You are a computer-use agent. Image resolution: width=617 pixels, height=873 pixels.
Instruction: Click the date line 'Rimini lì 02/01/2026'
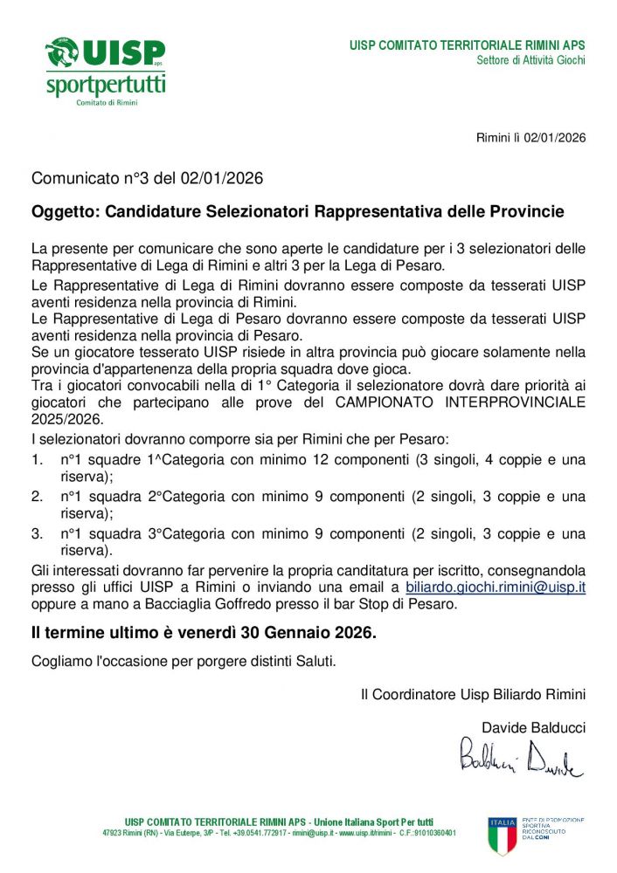pyautogui.click(x=530, y=138)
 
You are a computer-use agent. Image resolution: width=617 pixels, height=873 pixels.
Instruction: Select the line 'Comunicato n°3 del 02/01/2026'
pyautogui.click(x=147, y=179)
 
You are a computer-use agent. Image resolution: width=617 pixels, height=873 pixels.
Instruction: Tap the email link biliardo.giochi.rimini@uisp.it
pyautogui.click(x=496, y=588)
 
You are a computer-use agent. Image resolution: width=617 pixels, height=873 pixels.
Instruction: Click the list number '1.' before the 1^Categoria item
pyautogui.click(x=38, y=459)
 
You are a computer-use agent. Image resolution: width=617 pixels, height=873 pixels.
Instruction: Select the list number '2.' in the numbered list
pyautogui.click(x=38, y=497)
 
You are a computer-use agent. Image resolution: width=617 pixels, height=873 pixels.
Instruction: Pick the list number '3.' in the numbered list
pyautogui.click(x=38, y=533)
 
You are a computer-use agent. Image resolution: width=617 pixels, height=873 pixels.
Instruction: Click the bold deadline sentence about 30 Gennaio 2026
pyautogui.click(x=204, y=633)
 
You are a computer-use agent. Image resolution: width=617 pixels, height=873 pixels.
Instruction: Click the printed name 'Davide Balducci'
pyautogui.click(x=533, y=727)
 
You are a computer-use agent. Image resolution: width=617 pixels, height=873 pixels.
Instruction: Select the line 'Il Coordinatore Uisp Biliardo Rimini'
pyautogui.click(x=473, y=695)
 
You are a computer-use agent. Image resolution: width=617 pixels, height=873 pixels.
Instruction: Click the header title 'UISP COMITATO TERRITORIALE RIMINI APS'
pyautogui.click(x=468, y=45)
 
